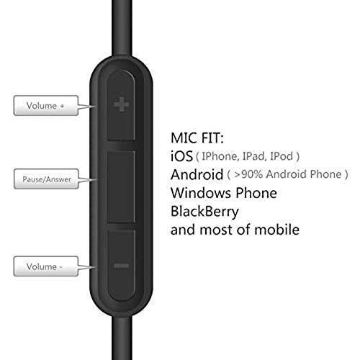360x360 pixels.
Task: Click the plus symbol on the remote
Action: click(x=122, y=104)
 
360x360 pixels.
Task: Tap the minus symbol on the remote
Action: click(x=122, y=266)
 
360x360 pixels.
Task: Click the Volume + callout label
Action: click(x=46, y=106)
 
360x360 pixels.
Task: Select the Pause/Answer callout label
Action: click(x=46, y=179)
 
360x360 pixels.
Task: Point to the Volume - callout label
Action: click(x=46, y=266)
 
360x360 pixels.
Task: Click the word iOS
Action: click(x=181, y=156)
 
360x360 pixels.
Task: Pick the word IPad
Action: click(x=254, y=156)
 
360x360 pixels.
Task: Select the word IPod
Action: click(x=282, y=156)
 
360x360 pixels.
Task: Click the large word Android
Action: click(x=197, y=174)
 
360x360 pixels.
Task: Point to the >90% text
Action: click(x=248, y=174)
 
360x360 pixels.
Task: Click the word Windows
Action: click(x=201, y=193)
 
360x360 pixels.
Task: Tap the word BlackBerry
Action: click(x=204, y=212)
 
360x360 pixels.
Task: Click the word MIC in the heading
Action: click(x=184, y=138)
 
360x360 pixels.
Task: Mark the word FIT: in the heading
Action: click(x=212, y=138)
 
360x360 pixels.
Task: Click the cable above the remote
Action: click(x=122, y=27)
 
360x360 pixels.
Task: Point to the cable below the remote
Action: click(x=122, y=338)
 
